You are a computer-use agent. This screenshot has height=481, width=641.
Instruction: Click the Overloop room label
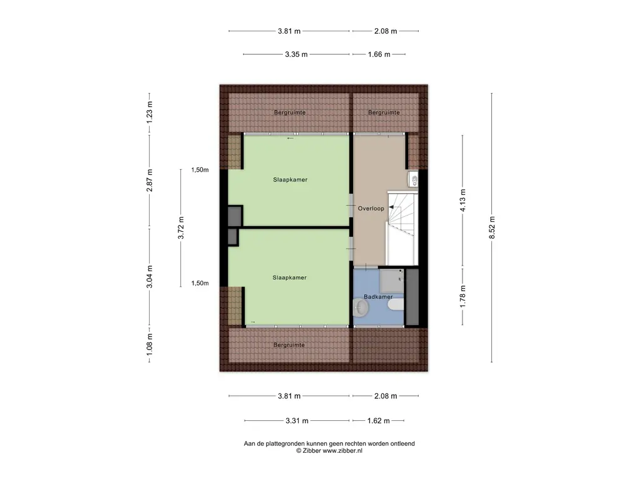[371, 209]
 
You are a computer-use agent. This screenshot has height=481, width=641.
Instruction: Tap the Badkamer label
[378, 297]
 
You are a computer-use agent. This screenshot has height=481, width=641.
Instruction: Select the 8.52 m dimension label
[492, 227]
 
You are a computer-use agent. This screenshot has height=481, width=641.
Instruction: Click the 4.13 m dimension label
[463, 200]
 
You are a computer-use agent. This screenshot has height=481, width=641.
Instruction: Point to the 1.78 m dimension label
[463, 296]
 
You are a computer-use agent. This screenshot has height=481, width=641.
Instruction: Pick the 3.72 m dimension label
[181, 228]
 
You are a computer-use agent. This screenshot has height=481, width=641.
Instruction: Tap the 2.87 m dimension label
[150, 180]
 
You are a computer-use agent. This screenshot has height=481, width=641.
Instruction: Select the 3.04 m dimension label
[150, 276]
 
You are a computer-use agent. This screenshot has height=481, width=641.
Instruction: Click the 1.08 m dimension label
[150, 344]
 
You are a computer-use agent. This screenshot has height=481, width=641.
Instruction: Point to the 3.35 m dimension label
[296, 54]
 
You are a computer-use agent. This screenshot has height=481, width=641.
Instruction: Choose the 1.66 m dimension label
[379, 54]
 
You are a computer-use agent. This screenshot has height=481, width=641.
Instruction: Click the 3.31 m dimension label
[297, 420]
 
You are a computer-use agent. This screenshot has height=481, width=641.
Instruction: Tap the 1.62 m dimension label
[379, 420]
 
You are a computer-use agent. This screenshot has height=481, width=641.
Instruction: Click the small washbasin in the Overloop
[413, 179]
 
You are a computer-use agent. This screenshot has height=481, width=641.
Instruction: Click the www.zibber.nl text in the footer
[342, 451]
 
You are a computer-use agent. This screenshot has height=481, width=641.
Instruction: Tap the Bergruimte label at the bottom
[289, 345]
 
